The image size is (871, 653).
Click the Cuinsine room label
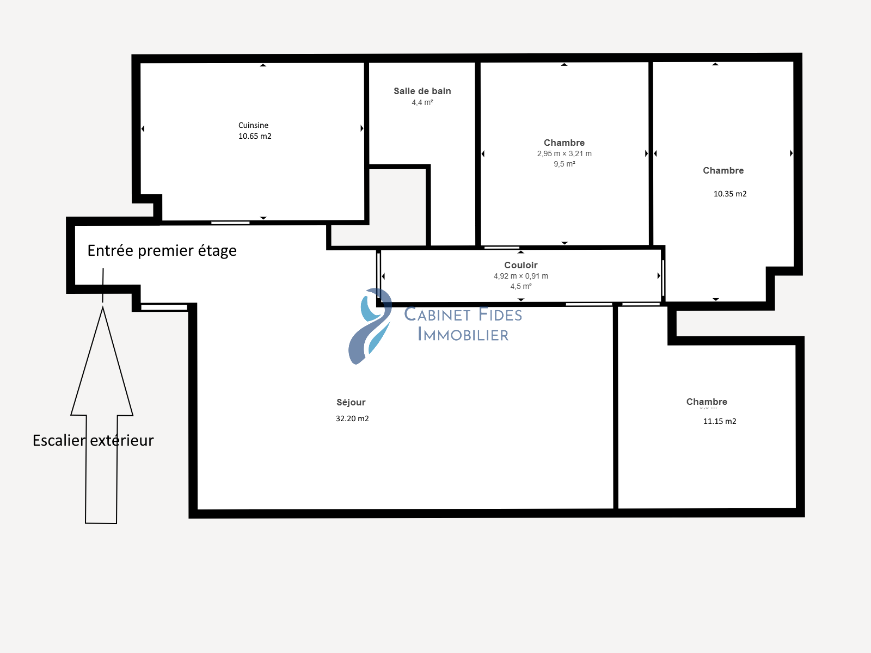point(253,125)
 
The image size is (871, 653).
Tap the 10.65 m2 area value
point(255,136)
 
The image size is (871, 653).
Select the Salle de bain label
point(422,91)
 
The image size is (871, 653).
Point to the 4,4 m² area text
point(422,102)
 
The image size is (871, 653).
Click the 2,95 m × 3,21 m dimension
point(565,153)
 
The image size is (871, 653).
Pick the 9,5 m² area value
point(565,164)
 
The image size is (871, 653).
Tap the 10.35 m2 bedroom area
point(730,194)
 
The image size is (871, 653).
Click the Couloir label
point(520,265)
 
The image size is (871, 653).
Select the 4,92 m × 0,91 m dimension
point(520,276)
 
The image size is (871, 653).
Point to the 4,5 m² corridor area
point(520,286)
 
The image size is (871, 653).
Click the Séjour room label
point(351,403)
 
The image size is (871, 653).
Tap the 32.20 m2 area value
point(352,418)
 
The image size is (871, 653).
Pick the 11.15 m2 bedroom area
point(720,421)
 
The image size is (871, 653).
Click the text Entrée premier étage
point(162,250)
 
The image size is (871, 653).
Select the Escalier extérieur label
point(93,440)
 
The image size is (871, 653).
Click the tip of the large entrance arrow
point(103,307)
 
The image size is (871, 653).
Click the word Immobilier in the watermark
point(463,335)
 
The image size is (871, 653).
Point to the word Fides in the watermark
point(500,315)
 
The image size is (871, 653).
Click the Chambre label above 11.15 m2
point(707,402)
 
